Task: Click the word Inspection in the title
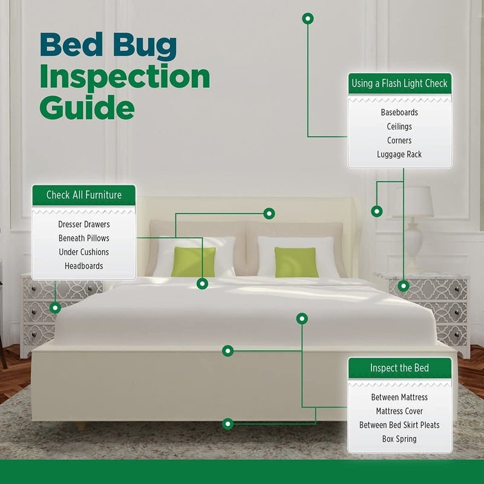point(125,77)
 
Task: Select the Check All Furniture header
point(83,195)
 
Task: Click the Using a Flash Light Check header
point(399,83)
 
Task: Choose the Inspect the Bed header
point(399,368)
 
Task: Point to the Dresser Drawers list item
point(83,224)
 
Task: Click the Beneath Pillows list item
point(83,238)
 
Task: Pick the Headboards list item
point(83,266)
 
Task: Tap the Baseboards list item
point(399,113)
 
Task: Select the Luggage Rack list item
point(399,154)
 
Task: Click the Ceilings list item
point(399,126)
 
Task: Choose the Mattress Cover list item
point(399,411)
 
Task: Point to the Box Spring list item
point(399,439)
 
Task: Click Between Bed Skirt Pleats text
point(399,425)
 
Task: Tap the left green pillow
point(193,262)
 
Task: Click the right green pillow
point(296,262)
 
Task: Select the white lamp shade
point(413,201)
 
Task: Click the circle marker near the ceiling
point(308,19)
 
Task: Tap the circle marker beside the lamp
point(377,211)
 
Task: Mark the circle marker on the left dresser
point(55,307)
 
